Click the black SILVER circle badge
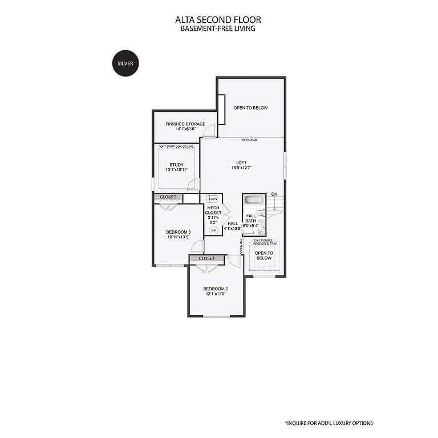(125, 63)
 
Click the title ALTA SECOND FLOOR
(218, 20)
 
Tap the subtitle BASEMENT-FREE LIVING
(218, 29)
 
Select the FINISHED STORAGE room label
(185, 124)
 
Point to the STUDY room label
(176, 165)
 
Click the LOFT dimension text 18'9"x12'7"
(241, 168)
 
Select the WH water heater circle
(213, 230)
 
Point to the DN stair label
(274, 194)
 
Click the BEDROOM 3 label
(178, 232)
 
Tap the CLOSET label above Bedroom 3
(168, 197)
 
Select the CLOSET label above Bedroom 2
(207, 258)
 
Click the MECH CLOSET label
(213, 210)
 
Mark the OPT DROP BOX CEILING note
(176, 147)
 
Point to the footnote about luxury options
(328, 423)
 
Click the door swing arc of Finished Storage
(211, 131)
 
